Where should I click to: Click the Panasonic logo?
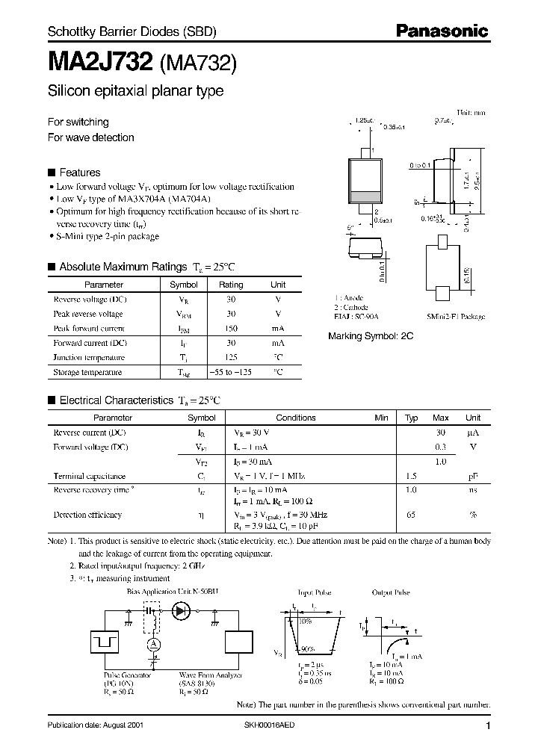coord(442,31)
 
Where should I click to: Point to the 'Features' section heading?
coord(80,172)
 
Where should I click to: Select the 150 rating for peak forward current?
coord(231,328)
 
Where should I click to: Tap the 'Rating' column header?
coord(231,285)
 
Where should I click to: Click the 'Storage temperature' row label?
coord(87,371)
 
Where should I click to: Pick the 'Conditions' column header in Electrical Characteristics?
coord(296,418)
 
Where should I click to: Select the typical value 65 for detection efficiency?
coord(410,515)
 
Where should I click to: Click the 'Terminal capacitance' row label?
coord(89,475)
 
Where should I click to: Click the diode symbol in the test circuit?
coord(180,610)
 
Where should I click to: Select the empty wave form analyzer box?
coord(241,643)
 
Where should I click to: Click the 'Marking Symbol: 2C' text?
coord(371,336)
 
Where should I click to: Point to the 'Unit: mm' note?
coord(471,112)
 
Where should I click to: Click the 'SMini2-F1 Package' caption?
coord(456,317)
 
